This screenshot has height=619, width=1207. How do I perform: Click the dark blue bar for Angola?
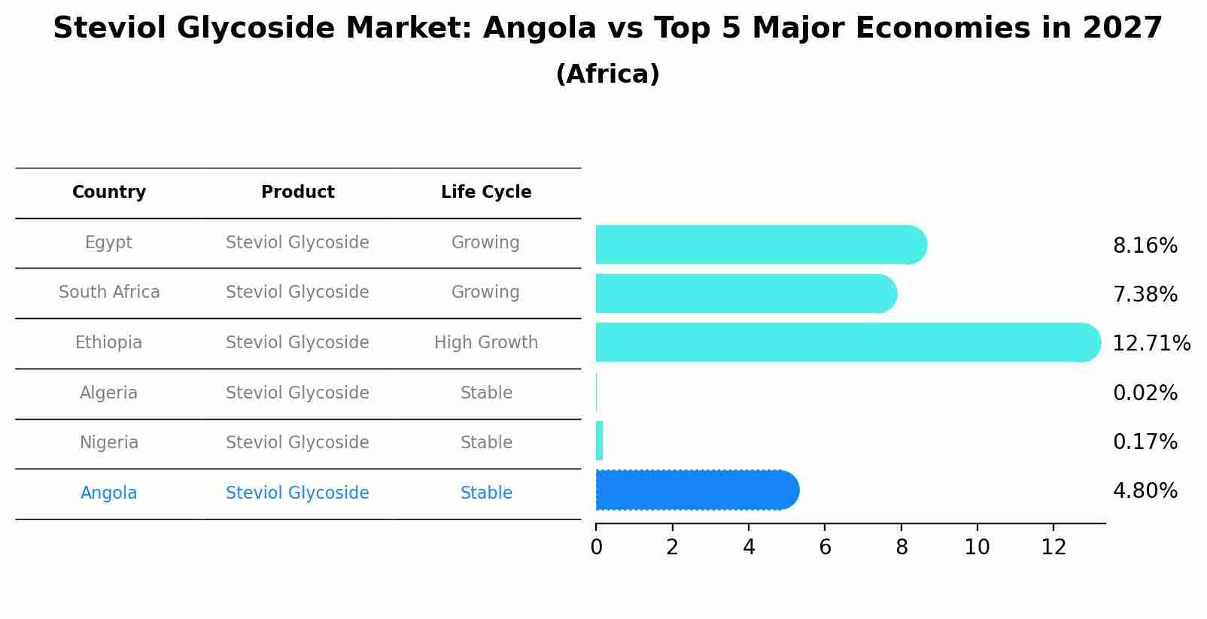click(696, 490)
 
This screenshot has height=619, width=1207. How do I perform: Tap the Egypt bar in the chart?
click(760, 244)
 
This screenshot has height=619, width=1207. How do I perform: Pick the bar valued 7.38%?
click(745, 293)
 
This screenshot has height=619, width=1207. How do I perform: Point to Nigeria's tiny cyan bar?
click(599, 441)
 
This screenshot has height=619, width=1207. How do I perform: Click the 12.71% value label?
click(1151, 344)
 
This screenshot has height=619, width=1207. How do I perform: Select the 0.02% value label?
click(1145, 393)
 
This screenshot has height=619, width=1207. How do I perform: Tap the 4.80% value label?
click(1145, 491)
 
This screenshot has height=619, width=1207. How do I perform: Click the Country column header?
click(109, 193)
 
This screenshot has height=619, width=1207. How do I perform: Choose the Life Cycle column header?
click(486, 193)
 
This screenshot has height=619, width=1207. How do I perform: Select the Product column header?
click(297, 193)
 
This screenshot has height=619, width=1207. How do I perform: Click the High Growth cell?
click(486, 343)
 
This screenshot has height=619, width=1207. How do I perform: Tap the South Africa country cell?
click(109, 293)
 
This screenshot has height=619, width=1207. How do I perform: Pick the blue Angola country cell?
click(109, 493)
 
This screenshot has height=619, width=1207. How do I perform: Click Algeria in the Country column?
click(109, 393)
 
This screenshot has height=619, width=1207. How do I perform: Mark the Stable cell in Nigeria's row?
click(486, 443)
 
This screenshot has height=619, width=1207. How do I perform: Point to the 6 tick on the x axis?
click(825, 548)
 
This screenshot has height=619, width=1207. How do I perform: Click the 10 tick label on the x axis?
click(977, 548)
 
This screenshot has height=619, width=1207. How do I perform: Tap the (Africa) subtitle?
click(607, 74)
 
